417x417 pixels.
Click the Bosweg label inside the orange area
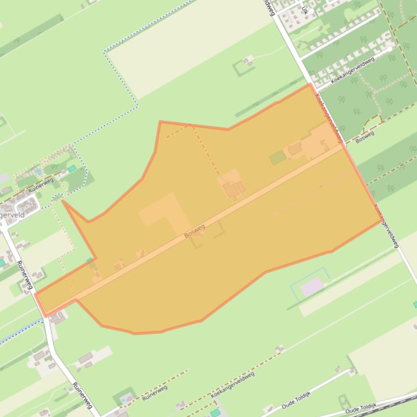coord(194,231)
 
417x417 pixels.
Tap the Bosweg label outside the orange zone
coord(365,136)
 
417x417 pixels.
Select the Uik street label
coord(305,10)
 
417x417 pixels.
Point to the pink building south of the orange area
coord(312,286)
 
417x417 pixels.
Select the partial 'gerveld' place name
coord(12,215)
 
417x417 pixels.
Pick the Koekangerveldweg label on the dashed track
coord(232,385)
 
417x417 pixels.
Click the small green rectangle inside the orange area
coord(278,157)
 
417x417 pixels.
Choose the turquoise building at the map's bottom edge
coord(216,413)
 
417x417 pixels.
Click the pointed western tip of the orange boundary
coord(63,201)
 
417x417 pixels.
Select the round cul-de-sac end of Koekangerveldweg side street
coord(391,48)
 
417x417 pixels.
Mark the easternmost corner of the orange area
coord(382,220)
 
